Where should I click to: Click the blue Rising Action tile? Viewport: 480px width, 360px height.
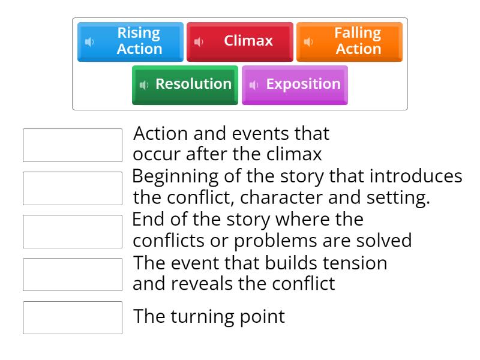(x=130, y=41)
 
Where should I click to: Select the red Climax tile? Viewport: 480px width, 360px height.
(x=240, y=41)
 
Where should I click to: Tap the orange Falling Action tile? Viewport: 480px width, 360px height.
(x=349, y=41)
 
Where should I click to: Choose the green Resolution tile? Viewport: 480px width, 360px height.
(x=185, y=85)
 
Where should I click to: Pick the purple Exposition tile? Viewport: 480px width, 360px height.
(x=295, y=85)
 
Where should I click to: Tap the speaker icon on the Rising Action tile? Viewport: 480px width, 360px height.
(x=89, y=42)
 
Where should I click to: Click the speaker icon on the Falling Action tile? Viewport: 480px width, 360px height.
(x=308, y=42)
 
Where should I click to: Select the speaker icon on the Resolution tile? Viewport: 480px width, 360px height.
(x=144, y=85)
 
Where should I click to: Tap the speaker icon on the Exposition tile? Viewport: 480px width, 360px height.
(x=254, y=85)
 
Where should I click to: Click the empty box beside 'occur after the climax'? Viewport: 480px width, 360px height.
(x=72, y=145)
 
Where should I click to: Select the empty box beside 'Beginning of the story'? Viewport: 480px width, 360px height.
(x=72, y=188)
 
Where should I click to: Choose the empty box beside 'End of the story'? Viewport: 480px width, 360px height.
(x=72, y=232)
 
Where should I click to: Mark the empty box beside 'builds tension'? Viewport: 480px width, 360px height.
(x=72, y=274)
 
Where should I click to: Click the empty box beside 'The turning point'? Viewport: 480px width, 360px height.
(x=72, y=317)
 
